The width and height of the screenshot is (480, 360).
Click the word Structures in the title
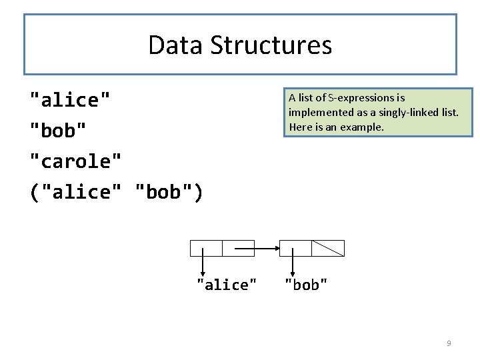click(271, 45)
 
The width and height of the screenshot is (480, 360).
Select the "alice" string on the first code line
click(70, 100)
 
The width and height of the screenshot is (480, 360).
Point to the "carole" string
click(76, 161)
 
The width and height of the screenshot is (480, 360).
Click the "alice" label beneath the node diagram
click(226, 285)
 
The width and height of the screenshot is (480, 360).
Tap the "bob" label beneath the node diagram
click(306, 285)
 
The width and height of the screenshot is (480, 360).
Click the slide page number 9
click(449, 343)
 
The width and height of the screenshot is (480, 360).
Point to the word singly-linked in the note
click(409, 112)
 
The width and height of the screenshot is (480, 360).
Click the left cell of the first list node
click(206, 248)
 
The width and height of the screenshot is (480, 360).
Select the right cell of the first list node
click(238, 248)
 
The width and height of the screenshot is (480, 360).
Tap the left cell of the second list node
click(295, 248)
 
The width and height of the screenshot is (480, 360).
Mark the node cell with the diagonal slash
click(328, 248)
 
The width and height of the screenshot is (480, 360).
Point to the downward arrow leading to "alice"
click(203, 263)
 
